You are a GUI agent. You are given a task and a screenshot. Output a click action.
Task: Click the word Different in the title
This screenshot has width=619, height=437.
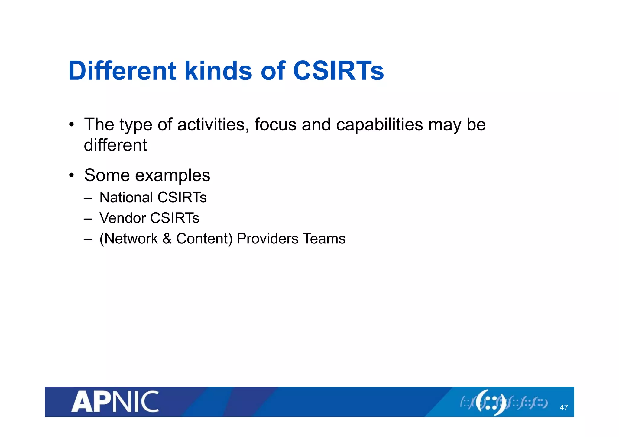pyautogui.click(x=122, y=71)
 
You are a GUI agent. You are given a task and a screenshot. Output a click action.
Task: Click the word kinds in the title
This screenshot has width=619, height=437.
pyautogui.click(x=218, y=71)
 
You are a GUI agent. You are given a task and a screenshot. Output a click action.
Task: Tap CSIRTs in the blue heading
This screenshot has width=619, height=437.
pyautogui.click(x=338, y=71)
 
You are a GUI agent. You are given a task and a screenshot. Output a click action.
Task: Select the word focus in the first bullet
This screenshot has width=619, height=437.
pyautogui.click(x=275, y=125)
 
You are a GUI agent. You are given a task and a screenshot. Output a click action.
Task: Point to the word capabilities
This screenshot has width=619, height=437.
pyautogui.click(x=379, y=125)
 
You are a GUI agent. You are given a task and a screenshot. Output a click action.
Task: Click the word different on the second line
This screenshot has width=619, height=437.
pyautogui.click(x=115, y=145)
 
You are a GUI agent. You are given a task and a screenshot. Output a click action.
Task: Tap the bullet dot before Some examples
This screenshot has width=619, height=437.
pyautogui.click(x=71, y=175)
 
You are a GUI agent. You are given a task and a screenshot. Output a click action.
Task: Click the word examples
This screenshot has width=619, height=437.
pyautogui.click(x=173, y=175)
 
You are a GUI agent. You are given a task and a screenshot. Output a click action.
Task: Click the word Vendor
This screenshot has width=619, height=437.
pyautogui.click(x=122, y=218)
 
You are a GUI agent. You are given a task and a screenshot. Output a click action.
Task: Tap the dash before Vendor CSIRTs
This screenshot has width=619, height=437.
pyautogui.click(x=88, y=218)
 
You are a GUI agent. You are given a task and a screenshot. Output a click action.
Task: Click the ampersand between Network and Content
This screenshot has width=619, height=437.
pyautogui.click(x=167, y=239)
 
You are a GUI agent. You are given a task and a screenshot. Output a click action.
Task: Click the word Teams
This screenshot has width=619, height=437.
pyautogui.click(x=324, y=239)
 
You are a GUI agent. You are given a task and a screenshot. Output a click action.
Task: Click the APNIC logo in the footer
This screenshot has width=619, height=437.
pyautogui.click(x=115, y=402)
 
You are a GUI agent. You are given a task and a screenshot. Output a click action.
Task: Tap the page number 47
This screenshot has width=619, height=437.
pyautogui.click(x=564, y=407)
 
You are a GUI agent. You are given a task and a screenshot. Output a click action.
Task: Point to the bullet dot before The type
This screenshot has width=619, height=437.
pyautogui.click(x=71, y=124)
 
